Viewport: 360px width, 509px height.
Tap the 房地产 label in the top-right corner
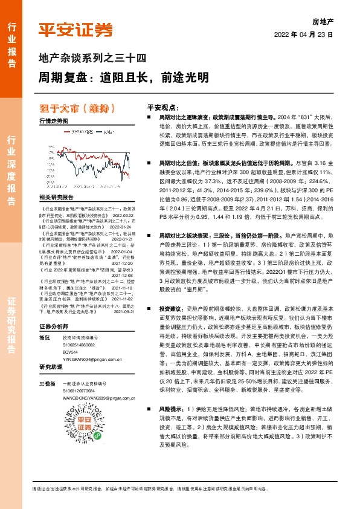point(322,21)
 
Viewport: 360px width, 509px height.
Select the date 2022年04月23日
point(304,34)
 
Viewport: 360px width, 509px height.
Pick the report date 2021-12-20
point(122,256)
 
